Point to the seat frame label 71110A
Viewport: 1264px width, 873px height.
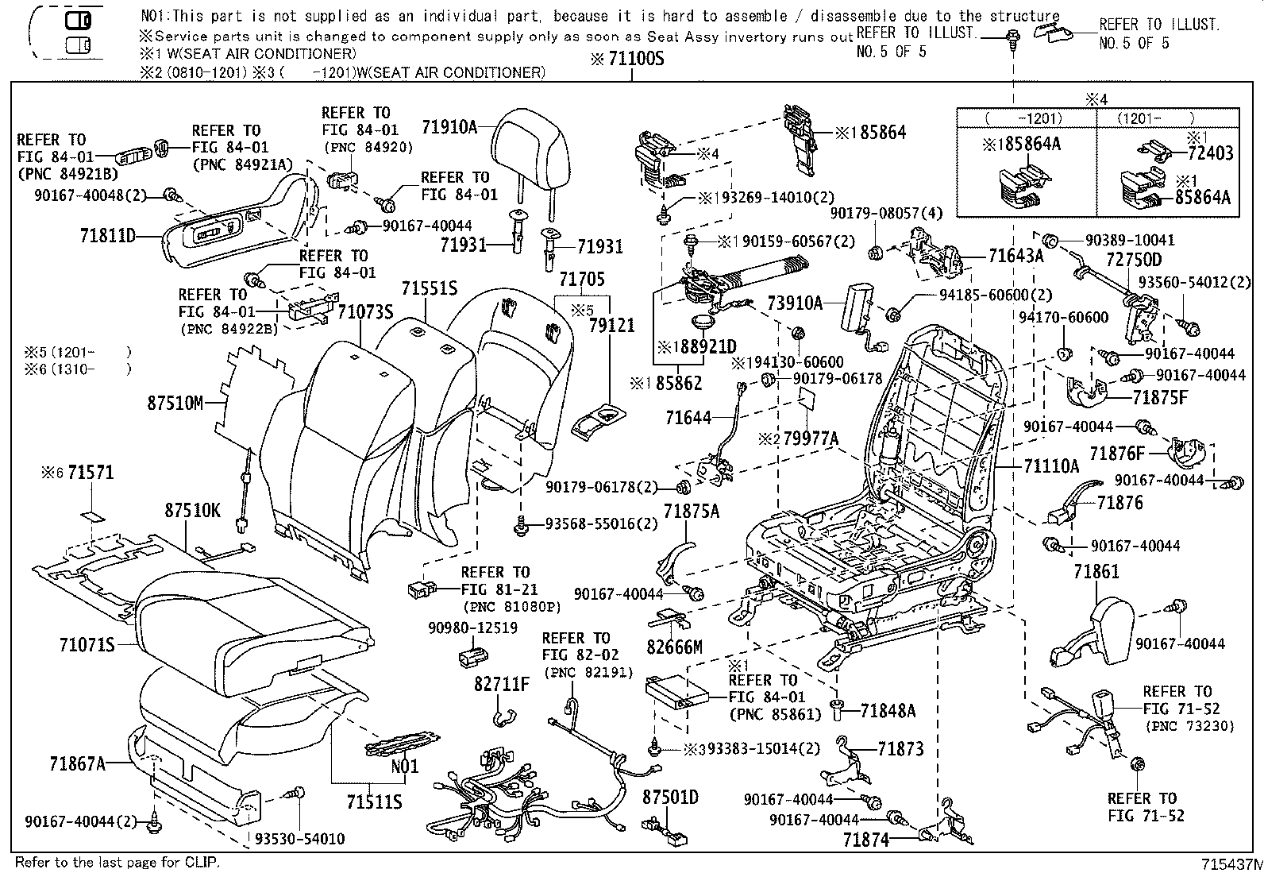(x=1051, y=466)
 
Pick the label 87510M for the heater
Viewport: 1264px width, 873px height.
(x=175, y=404)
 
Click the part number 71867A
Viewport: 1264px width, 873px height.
(x=77, y=764)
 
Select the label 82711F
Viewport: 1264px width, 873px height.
(x=502, y=685)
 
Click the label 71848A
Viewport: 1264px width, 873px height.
(x=888, y=711)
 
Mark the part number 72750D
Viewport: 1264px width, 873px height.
(x=1135, y=260)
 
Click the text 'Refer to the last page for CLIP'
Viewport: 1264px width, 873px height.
(x=118, y=862)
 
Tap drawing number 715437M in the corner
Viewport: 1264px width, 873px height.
(x=1231, y=864)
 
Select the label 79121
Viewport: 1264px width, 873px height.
(x=611, y=325)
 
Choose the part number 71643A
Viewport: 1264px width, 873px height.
(x=1016, y=256)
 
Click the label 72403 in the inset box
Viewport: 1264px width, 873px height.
(x=1210, y=153)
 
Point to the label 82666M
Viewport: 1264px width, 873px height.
(x=674, y=647)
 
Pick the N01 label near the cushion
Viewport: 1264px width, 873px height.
(x=405, y=767)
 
